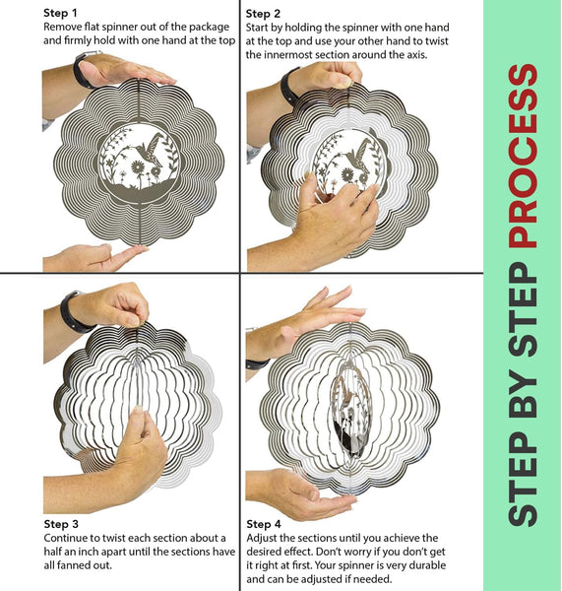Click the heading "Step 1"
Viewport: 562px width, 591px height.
[60, 13]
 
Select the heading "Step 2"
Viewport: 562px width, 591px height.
[263, 14]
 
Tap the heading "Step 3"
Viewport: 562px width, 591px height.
[61, 524]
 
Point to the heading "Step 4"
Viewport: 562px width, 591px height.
[264, 524]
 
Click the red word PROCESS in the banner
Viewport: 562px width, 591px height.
[523, 156]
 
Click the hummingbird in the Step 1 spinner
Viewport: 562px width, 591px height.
[150, 149]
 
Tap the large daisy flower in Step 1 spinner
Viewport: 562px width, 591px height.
[138, 167]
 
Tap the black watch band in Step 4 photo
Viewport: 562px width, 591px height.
[258, 364]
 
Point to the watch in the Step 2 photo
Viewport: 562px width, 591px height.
[289, 86]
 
